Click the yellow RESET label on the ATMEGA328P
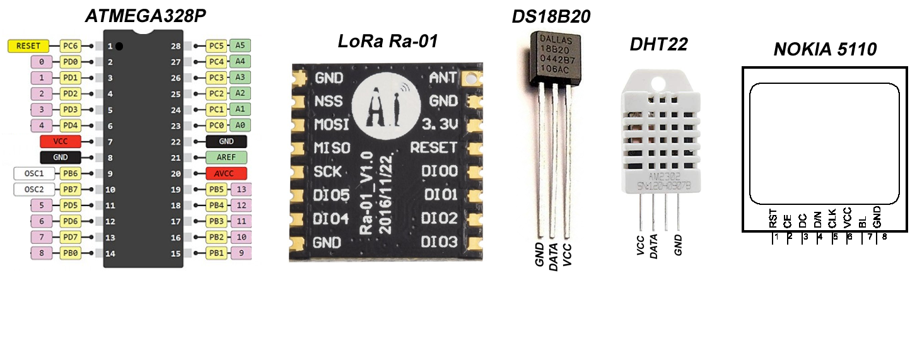[28, 46]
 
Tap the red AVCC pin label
[226, 173]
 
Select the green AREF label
[226, 158]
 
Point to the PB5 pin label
[216, 189]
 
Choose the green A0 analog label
[240, 125]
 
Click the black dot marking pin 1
[119, 46]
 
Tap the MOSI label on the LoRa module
[331, 124]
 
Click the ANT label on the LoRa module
[443, 78]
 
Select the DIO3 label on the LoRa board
[439, 241]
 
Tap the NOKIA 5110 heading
[825, 49]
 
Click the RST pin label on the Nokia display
[774, 220]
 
